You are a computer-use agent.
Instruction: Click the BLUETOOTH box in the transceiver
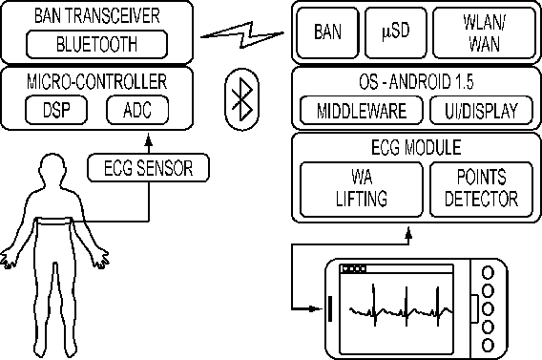(x=96, y=44)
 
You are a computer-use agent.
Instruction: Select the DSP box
(x=56, y=110)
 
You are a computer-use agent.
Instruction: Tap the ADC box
(x=137, y=110)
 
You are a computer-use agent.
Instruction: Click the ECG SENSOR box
(x=148, y=168)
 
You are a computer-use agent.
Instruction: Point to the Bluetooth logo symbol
(x=242, y=99)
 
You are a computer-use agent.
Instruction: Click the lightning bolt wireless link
(x=242, y=34)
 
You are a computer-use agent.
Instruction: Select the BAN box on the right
(x=327, y=32)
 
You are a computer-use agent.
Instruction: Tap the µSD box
(x=396, y=32)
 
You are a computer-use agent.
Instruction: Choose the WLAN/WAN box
(x=485, y=32)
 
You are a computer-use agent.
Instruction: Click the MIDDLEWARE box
(x=362, y=111)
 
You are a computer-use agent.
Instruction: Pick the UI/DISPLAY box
(x=481, y=111)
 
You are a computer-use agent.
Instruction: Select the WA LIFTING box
(x=362, y=189)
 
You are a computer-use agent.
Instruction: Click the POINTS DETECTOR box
(x=481, y=189)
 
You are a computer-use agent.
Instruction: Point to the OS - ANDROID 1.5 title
(x=416, y=82)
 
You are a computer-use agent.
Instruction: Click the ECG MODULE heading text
(x=416, y=147)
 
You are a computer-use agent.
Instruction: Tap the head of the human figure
(x=52, y=170)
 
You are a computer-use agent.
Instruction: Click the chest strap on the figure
(x=54, y=222)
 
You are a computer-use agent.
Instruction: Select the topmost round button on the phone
(x=488, y=272)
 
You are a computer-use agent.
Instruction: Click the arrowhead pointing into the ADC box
(x=149, y=139)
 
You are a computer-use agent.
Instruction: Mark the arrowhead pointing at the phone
(x=317, y=308)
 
